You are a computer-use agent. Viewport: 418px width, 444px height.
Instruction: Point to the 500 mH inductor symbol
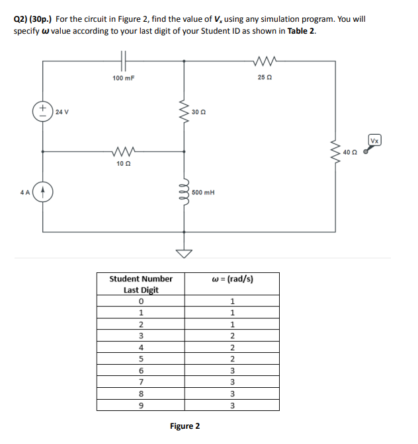[x=185, y=193]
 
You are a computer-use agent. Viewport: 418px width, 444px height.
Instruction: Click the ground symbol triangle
[x=185, y=252]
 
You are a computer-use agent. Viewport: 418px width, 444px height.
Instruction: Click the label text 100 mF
[x=124, y=79]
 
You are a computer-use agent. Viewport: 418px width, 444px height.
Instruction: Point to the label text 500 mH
[x=202, y=193]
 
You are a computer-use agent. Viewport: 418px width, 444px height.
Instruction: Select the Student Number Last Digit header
[x=141, y=284]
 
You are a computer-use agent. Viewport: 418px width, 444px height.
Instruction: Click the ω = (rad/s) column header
[x=233, y=279]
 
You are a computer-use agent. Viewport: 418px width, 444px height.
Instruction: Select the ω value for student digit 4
[x=233, y=347]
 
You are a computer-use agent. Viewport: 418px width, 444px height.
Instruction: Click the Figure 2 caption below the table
[x=185, y=426]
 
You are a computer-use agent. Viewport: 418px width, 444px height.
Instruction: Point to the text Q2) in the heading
[x=22, y=19]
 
